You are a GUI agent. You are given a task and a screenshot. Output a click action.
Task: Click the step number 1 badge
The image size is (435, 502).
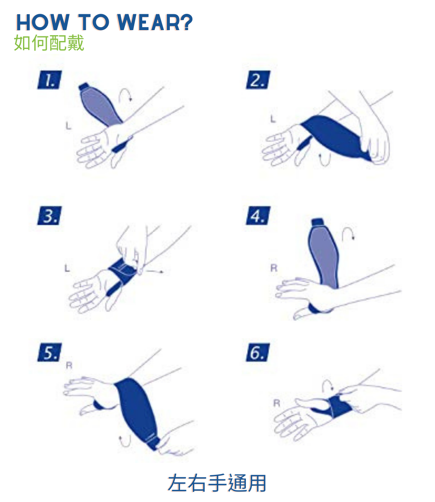tap(49, 80)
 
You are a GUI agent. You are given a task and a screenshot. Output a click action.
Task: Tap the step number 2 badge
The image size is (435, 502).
tap(258, 80)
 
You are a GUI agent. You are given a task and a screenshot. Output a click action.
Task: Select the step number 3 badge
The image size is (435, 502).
tap(49, 216)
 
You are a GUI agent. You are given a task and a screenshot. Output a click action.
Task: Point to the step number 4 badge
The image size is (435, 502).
tap(258, 216)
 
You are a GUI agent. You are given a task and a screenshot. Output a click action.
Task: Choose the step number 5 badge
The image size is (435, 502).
tap(49, 352)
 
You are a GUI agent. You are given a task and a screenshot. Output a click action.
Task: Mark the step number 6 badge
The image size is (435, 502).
tap(258, 352)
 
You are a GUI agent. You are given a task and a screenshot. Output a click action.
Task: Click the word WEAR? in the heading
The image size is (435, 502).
tap(155, 22)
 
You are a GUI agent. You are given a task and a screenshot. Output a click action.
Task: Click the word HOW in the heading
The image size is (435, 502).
tap(43, 22)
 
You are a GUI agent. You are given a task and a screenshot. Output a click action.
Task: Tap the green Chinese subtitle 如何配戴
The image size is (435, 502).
tap(49, 43)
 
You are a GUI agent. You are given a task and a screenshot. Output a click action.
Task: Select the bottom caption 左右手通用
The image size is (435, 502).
tap(217, 483)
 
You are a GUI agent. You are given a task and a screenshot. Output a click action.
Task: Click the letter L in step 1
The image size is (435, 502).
tap(69, 126)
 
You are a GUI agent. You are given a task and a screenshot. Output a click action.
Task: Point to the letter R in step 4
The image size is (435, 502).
tap(274, 268)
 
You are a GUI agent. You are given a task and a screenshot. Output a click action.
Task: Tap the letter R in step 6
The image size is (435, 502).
tap(277, 403)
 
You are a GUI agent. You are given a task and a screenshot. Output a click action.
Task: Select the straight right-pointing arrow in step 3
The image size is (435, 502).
tap(155, 271)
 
